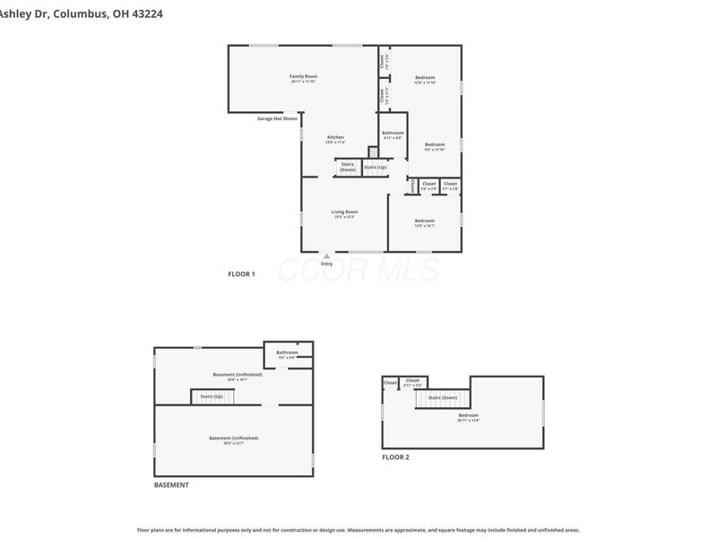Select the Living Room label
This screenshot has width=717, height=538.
click(x=345, y=214)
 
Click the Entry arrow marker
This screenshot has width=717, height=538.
click(x=326, y=256)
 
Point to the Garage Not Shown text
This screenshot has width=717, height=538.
click(x=277, y=118)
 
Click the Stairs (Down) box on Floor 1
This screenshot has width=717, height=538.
click(x=347, y=167)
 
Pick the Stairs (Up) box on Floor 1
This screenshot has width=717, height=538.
click(x=376, y=167)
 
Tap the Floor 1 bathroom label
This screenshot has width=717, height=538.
click(x=393, y=135)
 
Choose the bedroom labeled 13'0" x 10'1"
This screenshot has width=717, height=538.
click(x=424, y=223)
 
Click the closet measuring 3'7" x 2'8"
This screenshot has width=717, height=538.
click(x=450, y=186)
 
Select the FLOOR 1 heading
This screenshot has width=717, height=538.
click(x=241, y=273)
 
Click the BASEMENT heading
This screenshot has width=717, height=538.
click(x=171, y=485)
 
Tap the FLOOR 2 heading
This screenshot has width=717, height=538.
click(x=395, y=457)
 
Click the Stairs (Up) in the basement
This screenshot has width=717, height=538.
click(x=212, y=395)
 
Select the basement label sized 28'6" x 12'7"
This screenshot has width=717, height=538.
click(x=233, y=440)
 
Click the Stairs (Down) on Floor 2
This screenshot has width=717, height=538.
click(x=443, y=397)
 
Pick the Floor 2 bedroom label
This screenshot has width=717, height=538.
click(x=469, y=417)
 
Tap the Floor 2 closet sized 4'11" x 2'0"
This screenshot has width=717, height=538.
click(x=412, y=383)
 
